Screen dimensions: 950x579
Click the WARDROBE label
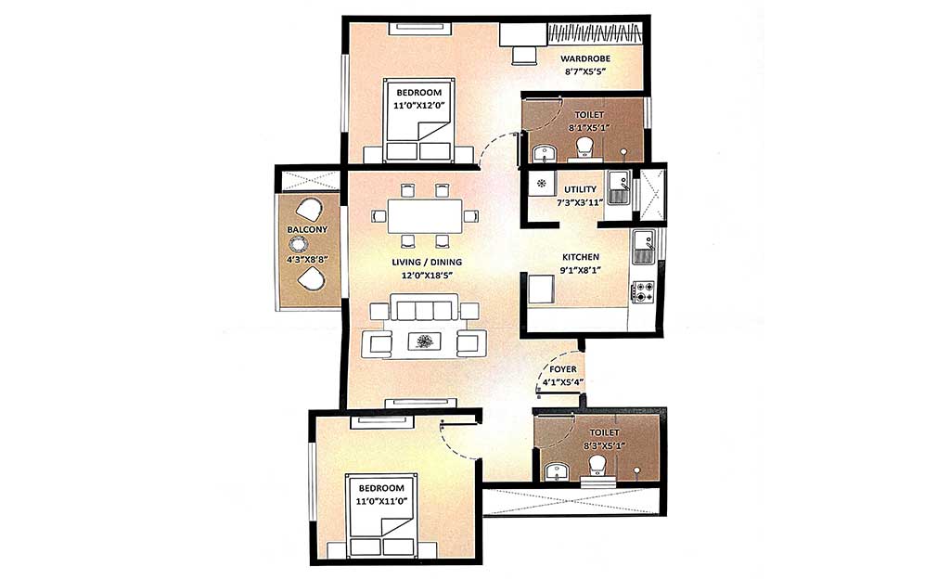pos(584,58)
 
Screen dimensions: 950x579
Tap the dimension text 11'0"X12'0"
pos(419,104)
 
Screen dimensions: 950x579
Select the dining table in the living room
pos(425,215)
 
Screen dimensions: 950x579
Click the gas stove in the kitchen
pos(644,291)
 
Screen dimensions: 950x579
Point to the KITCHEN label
pos(581,257)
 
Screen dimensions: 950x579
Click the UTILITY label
pos(581,189)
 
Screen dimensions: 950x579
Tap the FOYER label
pos(563,369)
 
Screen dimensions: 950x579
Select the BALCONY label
pos(307,230)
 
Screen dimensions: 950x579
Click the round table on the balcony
pos(299,245)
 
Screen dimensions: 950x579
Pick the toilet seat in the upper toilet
pos(584,146)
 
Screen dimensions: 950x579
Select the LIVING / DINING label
pos(427,263)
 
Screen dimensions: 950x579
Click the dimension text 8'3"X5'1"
pos(604,445)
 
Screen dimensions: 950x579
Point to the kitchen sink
pos(644,247)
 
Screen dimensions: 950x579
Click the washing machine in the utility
pos(542,183)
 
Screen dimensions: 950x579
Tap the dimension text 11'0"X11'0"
pos(381,500)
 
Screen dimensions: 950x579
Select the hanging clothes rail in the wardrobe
pos(595,32)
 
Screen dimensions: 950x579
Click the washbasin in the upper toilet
pos(544,153)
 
